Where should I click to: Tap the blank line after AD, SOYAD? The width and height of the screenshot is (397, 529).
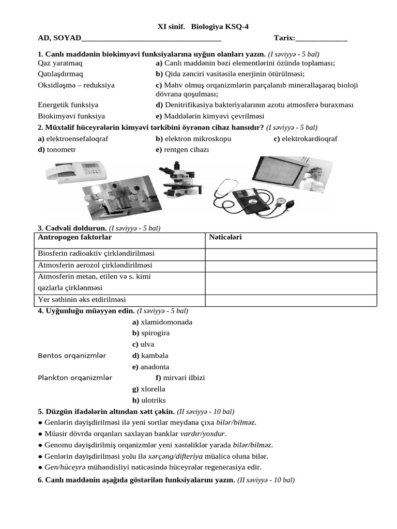click(x=151, y=38)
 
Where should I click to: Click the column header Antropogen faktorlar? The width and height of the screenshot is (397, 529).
click(x=75, y=237)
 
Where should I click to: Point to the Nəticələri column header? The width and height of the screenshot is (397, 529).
click(x=225, y=237)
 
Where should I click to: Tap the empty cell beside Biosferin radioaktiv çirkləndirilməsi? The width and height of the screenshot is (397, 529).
click(x=291, y=254)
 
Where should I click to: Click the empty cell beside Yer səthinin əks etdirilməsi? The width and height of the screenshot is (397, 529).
click(x=291, y=300)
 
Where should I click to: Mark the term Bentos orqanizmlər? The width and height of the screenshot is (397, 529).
click(x=72, y=355)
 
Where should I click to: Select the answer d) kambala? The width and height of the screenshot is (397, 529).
click(x=150, y=355)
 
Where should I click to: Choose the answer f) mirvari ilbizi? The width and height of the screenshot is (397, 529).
click(x=180, y=378)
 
